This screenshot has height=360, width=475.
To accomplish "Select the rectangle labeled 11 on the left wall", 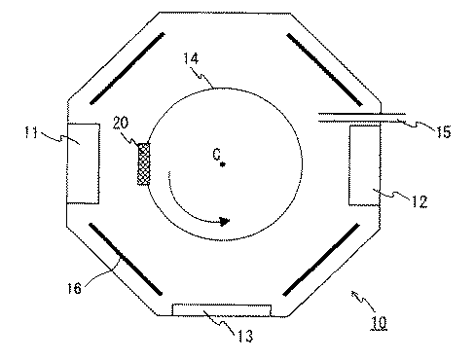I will click(x=84, y=162).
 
